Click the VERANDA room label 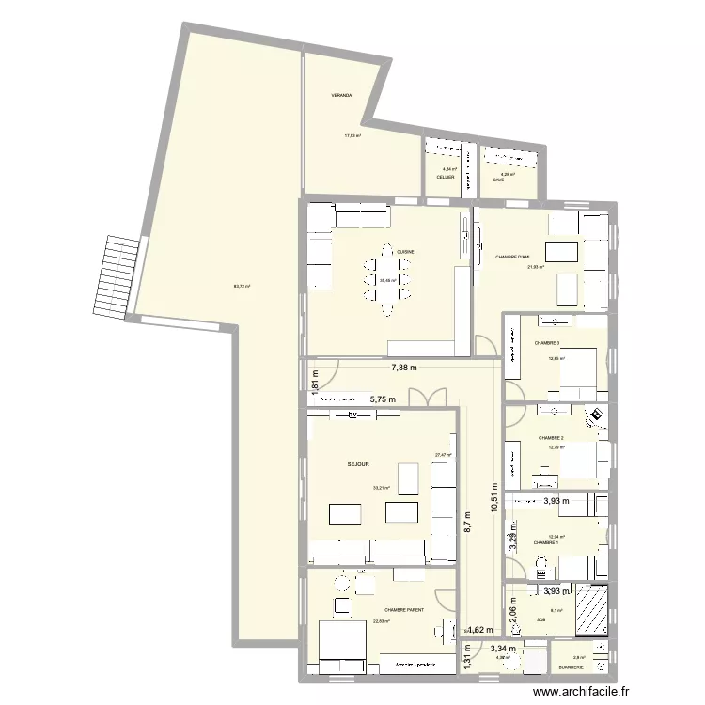341,96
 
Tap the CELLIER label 446,177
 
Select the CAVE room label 498,180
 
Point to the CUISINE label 405,252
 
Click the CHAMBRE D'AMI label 512,257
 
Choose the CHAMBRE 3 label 547,343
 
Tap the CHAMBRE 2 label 551,438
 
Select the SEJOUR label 358,464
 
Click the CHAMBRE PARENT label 404,610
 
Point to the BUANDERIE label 571,667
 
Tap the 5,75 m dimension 383,399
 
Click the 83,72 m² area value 242,286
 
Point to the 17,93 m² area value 353,135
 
